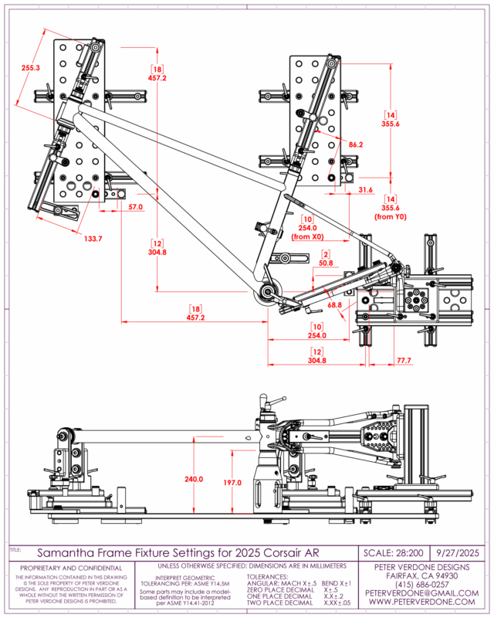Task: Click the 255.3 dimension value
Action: coord(31,69)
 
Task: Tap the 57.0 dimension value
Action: coord(136,208)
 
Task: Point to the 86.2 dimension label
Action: coord(355,145)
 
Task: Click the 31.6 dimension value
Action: coord(367,190)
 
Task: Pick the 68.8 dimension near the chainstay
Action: coord(335,307)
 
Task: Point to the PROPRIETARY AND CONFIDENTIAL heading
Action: coord(72,569)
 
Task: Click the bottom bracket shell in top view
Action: coord(268,292)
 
